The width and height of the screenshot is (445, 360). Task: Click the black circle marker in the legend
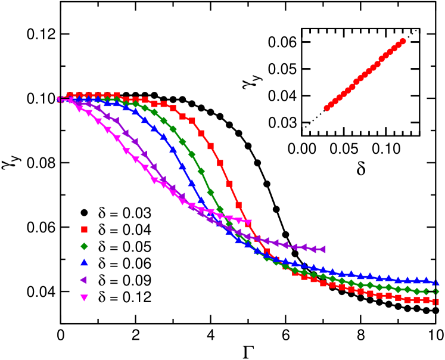tap(84, 213)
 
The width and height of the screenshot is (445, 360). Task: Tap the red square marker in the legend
tap(84, 229)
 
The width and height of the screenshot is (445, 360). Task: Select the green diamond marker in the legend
tap(84, 247)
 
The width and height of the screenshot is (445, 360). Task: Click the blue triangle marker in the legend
tap(84, 263)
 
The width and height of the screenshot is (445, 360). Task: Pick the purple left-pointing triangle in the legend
tap(84, 281)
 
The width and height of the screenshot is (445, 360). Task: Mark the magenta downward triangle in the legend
tap(84, 298)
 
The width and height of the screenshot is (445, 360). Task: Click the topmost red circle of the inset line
tap(403, 41)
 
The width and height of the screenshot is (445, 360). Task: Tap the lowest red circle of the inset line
tap(326, 108)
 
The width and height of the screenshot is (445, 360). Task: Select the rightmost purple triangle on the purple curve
tap(323, 249)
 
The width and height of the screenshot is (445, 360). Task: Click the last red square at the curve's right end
tap(436, 302)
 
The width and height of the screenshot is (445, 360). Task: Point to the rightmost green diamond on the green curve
tap(436, 291)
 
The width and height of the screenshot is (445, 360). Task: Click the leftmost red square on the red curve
tap(70, 95)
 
